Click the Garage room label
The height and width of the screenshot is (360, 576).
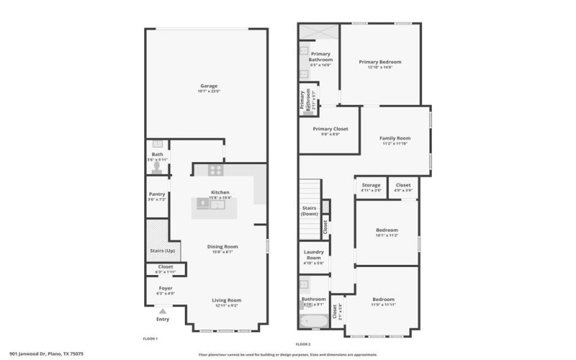point(209,86)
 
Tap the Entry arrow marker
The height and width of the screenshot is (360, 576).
point(163,311)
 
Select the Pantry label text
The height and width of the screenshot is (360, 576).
point(157,194)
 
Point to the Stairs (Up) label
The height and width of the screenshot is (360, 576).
point(162,251)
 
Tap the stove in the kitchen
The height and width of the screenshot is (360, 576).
point(215,171)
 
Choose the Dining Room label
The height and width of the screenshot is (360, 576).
point(222,246)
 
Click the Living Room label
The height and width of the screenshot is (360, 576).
point(226,300)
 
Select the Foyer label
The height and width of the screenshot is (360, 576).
point(166,288)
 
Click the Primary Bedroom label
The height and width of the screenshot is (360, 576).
point(379,62)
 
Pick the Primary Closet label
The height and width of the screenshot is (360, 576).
point(330,129)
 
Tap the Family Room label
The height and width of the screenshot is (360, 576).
point(395,138)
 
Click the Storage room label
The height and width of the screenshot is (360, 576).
point(372,185)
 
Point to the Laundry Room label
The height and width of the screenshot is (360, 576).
point(314,255)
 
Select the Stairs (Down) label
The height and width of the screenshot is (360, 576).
point(310,210)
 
